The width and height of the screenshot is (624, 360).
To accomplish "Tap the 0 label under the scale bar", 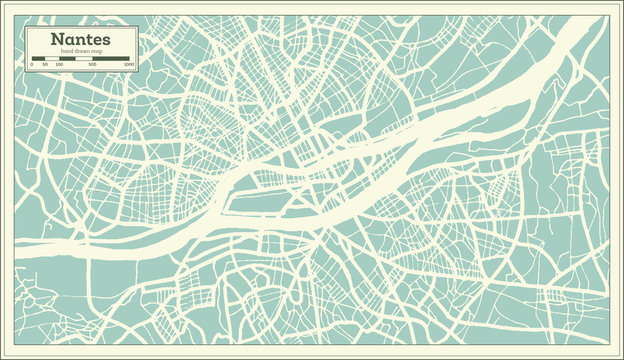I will [x=32, y=64].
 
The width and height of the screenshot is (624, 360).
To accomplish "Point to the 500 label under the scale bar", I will [x=93, y=64].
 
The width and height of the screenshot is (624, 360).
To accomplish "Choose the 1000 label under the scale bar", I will [x=128, y=64].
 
